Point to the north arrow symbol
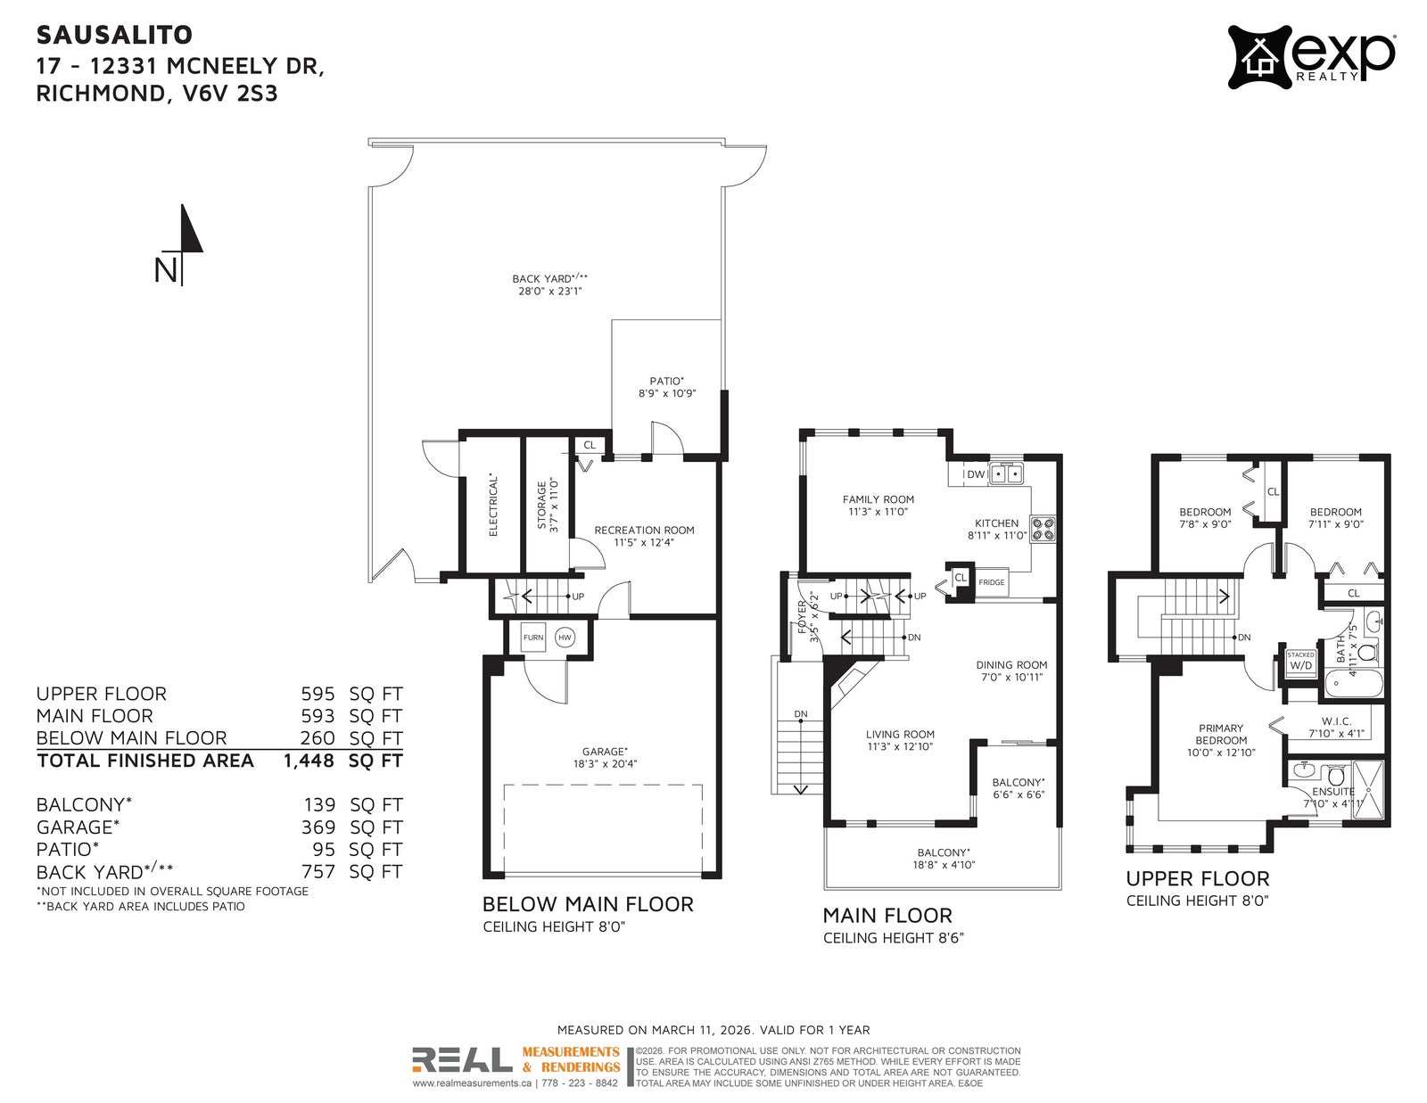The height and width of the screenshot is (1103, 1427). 183,245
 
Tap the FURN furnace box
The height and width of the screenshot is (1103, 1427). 533,638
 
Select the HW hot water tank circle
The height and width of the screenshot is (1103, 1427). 565,638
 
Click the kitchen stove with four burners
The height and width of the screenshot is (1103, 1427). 1043,529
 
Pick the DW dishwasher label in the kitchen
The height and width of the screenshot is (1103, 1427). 976,474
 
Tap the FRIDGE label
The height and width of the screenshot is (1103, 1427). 991,581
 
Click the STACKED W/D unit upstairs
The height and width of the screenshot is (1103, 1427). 1300,661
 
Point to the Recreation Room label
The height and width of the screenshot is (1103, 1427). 644,530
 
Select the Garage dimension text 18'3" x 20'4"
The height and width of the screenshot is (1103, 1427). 605,763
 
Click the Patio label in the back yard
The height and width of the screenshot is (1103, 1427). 666,381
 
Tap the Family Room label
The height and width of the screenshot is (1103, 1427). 878,499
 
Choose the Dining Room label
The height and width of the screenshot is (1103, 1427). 1011,664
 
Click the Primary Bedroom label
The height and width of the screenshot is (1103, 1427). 1221,734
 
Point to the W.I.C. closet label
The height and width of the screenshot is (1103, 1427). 1336,720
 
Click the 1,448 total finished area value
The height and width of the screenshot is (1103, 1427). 309,761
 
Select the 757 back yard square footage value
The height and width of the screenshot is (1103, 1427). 318,871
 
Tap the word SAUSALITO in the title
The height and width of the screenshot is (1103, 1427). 114,35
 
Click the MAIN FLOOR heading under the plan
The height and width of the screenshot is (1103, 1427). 887,915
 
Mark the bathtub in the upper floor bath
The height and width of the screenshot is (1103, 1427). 1354,684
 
